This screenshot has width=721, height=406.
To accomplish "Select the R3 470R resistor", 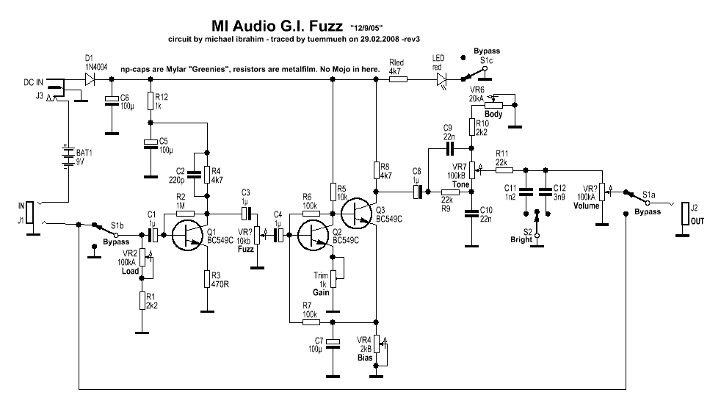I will click(x=209, y=279).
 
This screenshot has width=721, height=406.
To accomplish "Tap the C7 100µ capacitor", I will click(x=333, y=343).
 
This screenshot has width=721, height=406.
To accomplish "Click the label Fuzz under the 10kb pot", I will click(x=246, y=249).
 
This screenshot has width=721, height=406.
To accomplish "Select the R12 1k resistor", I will click(x=150, y=101).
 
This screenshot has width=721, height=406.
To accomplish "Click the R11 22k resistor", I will click(x=504, y=170).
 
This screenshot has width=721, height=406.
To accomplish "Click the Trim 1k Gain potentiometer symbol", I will click(x=333, y=278).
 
